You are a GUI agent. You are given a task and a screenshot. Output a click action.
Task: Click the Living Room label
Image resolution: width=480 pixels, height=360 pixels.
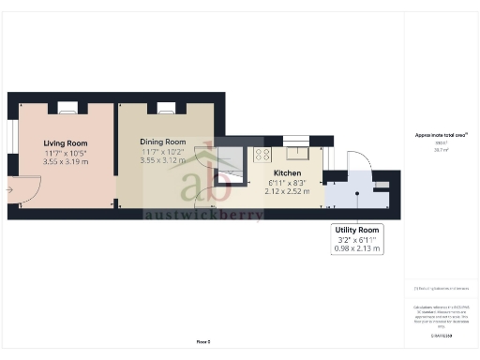tap(65, 142)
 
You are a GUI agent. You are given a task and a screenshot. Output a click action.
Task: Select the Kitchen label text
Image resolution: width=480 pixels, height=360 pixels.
tap(286, 173)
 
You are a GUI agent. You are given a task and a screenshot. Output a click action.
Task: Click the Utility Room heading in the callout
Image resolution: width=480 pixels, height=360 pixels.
tap(356, 230)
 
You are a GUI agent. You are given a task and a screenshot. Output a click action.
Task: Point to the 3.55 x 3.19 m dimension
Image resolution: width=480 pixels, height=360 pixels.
tap(65, 161)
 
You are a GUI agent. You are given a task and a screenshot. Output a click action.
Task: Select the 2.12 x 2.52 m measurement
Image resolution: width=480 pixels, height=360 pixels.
tap(286, 191)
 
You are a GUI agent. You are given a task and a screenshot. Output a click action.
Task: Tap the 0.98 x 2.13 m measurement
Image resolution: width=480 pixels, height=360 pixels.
tap(356, 248)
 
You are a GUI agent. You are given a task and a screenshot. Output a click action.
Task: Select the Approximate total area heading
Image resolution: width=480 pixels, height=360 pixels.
tap(441, 134)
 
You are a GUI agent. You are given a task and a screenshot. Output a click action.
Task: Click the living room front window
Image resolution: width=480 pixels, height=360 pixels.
tap(10, 136)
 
